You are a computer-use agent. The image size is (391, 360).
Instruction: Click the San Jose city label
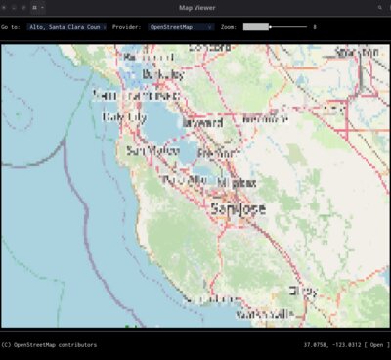[238, 209]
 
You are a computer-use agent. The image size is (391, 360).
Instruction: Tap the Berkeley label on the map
[161, 74]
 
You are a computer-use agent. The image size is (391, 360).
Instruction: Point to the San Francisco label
[129, 96]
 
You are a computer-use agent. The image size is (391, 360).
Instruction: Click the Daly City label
[124, 116]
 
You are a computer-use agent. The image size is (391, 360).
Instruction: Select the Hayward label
[201, 123]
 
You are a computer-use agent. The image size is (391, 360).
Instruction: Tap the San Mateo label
[153, 151]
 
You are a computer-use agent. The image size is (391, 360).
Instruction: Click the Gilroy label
[303, 291]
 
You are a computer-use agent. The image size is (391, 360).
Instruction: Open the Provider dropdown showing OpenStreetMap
[182, 27]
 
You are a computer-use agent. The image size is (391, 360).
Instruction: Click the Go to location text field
[67, 27]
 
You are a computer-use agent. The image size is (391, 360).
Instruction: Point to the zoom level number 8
[314, 27]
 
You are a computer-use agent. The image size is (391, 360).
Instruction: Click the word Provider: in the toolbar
[127, 27]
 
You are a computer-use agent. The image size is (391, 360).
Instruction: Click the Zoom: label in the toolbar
[229, 27]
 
